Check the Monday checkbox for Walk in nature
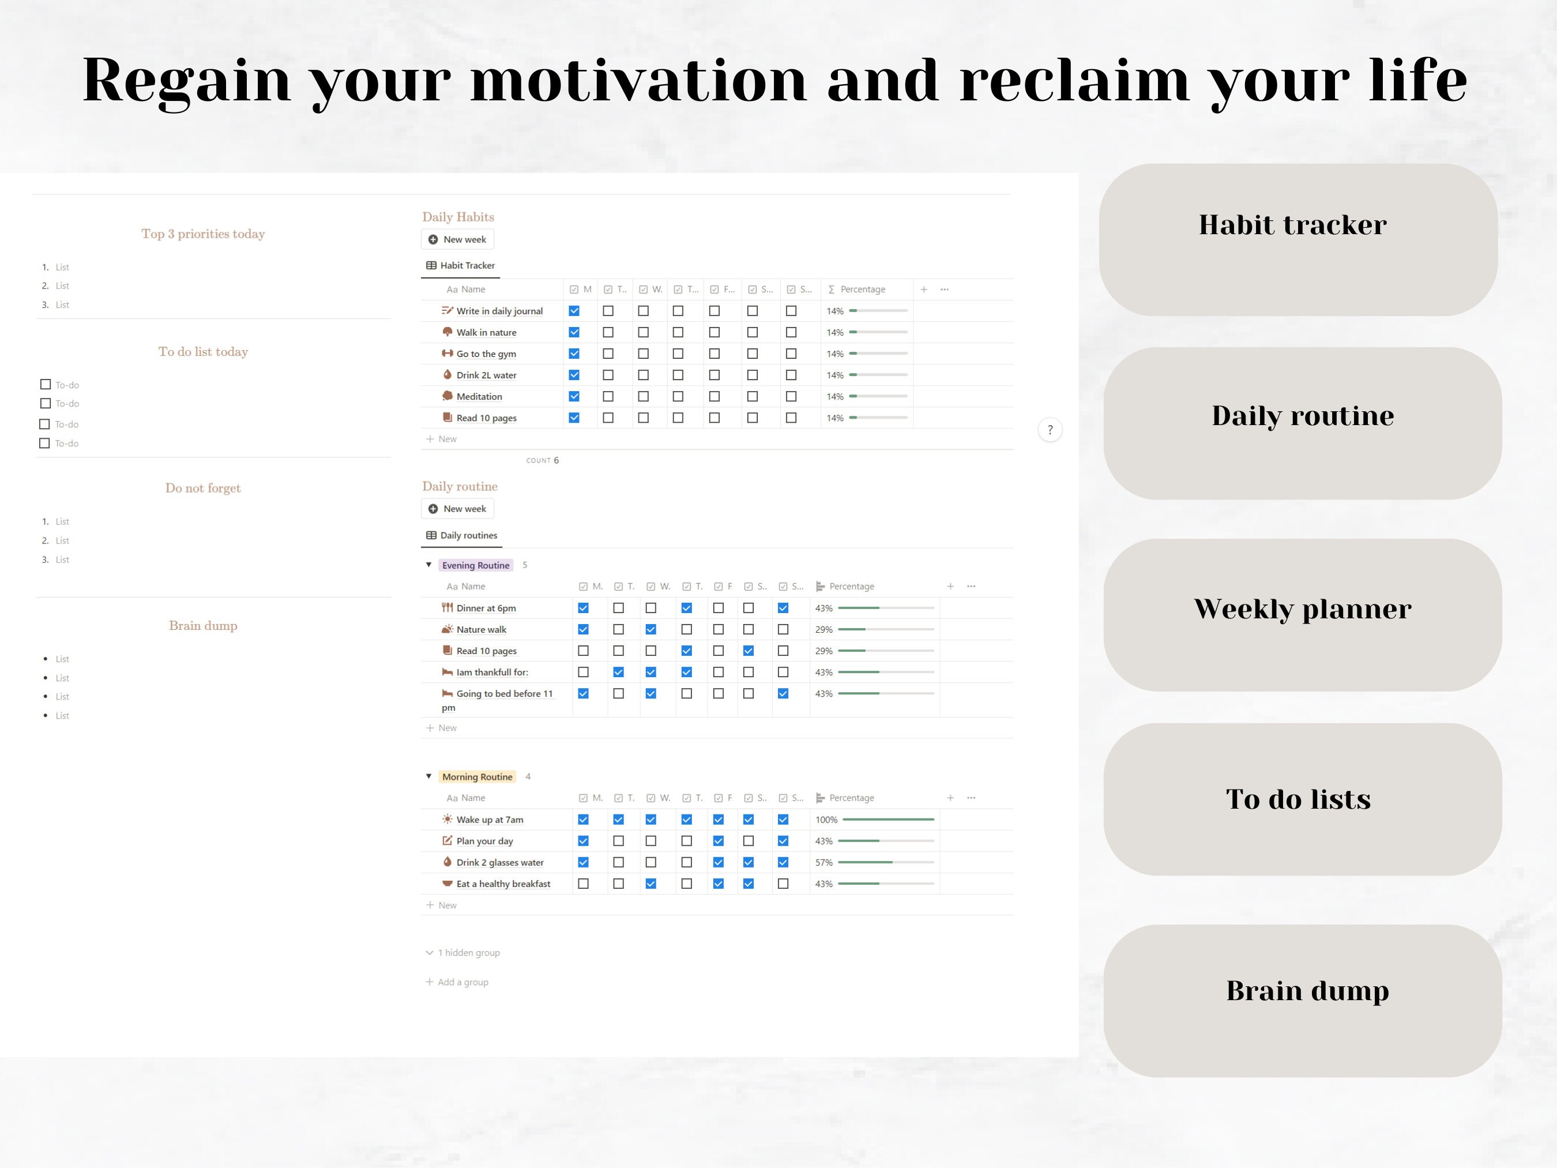pyautogui.click(x=574, y=332)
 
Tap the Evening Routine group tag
pyautogui.click(x=475, y=565)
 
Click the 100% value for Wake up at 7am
pyautogui.click(x=826, y=820)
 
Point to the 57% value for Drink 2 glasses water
pyautogui.click(x=823, y=862)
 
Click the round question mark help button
pyautogui.click(x=1050, y=430)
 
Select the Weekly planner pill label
pyautogui.click(x=1302, y=609)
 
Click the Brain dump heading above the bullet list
pyautogui.click(x=203, y=626)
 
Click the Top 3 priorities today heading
pyautogui.click(x=203, y=234)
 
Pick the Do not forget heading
pyautogui.click(x=203, y=488)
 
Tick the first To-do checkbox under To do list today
pyautogui.click(x=46, y=384)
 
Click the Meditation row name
pyautogui.click(x=479, y=396)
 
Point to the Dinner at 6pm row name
pyautogui.click(x=486, y=609)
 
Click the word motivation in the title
pyautogui.click(x=638, y=81)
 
